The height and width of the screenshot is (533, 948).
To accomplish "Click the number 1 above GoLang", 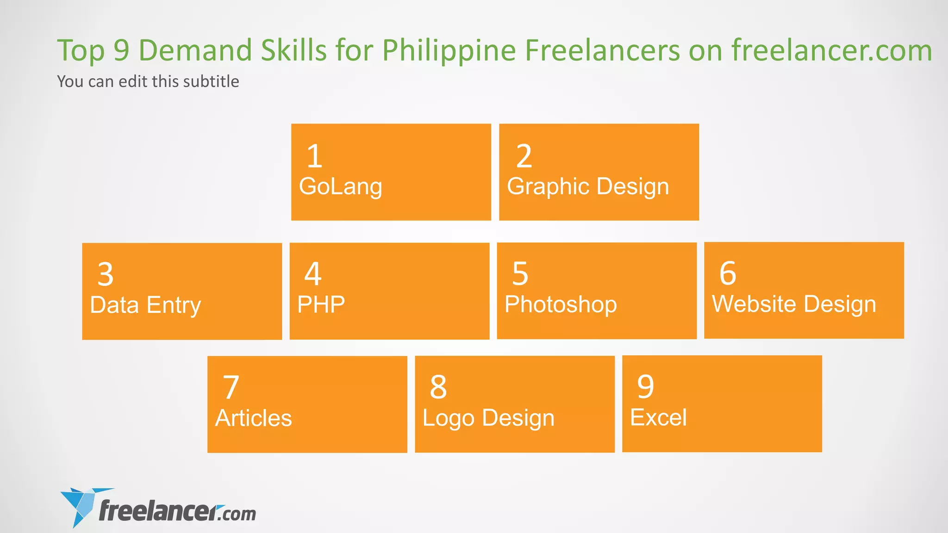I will click(x=314, y=156).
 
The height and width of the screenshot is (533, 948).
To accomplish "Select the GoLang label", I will click(x=341, y=186).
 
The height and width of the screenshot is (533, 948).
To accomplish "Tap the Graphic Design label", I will click(x=588, y=186).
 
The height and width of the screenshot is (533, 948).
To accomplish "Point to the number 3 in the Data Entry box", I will click(x=106, y=274).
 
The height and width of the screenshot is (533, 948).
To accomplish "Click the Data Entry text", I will click(x=145, y=305).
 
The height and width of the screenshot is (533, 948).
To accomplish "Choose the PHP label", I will click(x=321, y=304).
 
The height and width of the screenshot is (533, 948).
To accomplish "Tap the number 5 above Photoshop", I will click(x=520, y=273).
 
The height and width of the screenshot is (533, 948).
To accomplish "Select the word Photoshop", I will click(x=561, y=304).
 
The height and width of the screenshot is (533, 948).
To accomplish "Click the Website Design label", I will click(x=794, y=304).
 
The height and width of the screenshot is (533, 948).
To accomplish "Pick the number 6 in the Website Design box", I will click(x=728, y=273).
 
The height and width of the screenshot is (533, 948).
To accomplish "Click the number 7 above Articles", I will click(x=231, y=387).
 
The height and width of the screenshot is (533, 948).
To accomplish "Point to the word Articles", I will click(x=254, y=418).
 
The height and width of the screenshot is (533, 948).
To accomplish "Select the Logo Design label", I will click(x=488, y=418).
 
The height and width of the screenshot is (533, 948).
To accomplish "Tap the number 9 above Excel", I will click(x=646, y=386).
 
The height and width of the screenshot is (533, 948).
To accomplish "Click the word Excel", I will click(x=658, y=417).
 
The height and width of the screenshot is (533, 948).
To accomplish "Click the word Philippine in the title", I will click(x=449, y=50).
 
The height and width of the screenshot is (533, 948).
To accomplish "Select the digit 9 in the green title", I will click(x=121, y=50).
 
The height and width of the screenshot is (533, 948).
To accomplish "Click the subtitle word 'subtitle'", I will click(x=211, y=81).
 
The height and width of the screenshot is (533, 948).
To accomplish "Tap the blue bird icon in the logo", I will click(x=81, y=506).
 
